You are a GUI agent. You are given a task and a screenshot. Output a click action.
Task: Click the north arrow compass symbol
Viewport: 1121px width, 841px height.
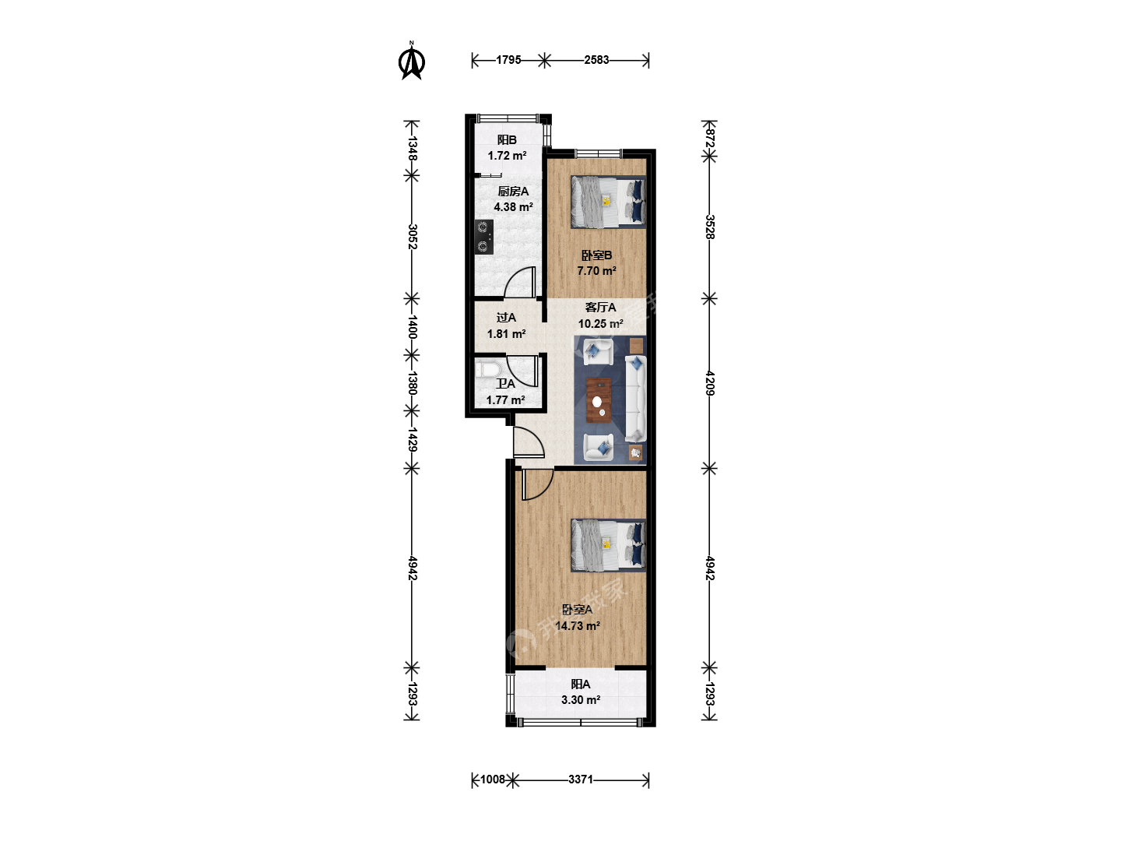[412, 62]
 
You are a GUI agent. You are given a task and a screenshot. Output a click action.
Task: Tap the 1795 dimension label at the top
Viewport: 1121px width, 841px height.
[508, 60]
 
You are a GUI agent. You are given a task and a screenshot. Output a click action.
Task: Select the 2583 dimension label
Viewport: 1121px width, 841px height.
[596, 60]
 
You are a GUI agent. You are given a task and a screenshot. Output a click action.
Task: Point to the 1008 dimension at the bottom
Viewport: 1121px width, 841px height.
[492, 779]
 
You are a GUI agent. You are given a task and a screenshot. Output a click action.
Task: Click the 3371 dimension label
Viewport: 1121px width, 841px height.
[581, 779]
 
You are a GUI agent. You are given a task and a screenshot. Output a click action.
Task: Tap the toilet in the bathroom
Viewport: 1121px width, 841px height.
[486, 370]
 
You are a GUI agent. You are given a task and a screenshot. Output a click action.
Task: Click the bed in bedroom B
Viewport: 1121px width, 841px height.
[608, 202]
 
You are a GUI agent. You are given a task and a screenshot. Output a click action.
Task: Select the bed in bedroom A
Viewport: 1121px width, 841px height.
[608, 545]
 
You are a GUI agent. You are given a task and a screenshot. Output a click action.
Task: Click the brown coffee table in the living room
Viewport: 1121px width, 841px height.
[599, 400]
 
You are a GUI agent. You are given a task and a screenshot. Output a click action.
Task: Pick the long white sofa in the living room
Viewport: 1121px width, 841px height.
[635, 399]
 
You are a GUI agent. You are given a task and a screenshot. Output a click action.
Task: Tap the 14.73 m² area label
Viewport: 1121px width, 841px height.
[577, 625]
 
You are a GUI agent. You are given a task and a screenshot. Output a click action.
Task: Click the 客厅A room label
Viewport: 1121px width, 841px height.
[600, 308]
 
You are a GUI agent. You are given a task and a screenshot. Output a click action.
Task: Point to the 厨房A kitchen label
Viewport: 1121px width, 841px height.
[513, 192]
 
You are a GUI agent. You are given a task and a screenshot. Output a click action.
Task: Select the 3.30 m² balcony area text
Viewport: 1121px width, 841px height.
[581, 699]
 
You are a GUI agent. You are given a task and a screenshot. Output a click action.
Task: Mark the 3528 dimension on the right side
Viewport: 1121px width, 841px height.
[709, 227]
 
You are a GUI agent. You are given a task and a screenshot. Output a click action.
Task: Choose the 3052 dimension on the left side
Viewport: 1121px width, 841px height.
[413, 237]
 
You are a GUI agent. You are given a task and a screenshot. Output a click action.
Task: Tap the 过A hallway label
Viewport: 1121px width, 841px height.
[506, 318]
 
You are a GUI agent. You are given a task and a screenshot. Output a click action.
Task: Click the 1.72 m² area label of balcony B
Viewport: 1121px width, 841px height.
[507, 156]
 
